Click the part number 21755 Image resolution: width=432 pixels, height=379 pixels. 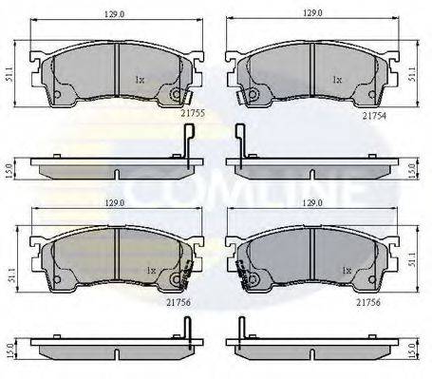[x=193, y=113]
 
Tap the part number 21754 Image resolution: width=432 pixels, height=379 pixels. [x=375, y=116]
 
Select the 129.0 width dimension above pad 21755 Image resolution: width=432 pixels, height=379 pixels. [x=114, y=14]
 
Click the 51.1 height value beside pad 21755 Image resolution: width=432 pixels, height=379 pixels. [x=9, y=74]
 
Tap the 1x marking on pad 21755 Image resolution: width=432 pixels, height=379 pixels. [x=140, y=80]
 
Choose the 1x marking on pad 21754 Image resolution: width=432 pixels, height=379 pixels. [x=337, y=80]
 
